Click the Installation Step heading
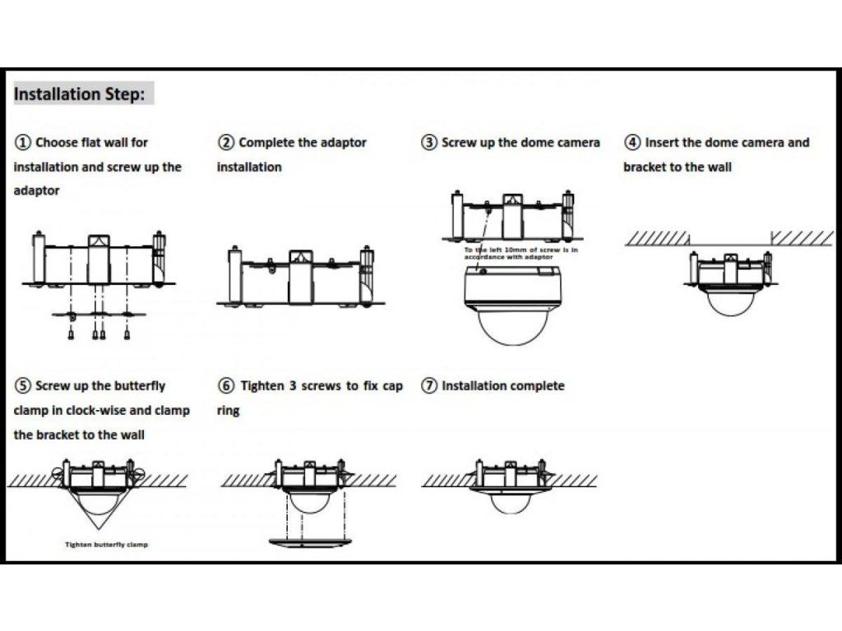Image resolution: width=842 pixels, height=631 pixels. pos(80,94)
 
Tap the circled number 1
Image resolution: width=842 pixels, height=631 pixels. pos(23,142)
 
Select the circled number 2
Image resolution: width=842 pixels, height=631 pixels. pos(226,142)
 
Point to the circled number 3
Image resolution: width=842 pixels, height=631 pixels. pos(429,142)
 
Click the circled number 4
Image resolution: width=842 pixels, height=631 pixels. pos(632,142)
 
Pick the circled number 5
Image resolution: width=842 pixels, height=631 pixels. pos(23,385)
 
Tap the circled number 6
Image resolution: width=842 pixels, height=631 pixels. pos(226,385)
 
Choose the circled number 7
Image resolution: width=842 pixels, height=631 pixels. pos(429,385)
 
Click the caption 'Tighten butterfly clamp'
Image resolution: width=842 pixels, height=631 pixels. pos(107,545)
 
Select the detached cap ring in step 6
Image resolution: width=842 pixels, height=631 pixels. pos(310,541)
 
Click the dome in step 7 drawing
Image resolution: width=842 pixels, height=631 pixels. pos(511,501)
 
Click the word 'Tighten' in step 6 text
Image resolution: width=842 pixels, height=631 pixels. pos(262,385)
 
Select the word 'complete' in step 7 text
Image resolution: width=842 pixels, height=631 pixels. pos(536,385)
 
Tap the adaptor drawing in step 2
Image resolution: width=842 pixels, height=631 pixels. pos(300,278)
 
